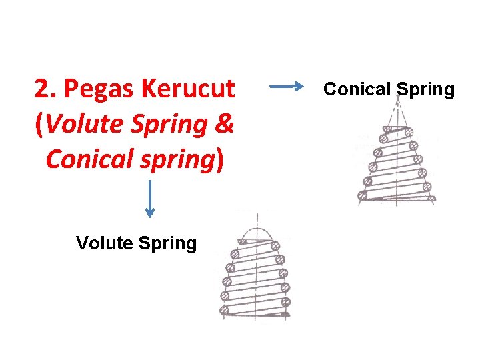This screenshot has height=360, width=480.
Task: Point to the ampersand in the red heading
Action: tap(225, 124)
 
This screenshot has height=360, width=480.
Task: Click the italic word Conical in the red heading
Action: tap(88, 159)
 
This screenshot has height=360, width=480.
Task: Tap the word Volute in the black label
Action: tap(105, 243)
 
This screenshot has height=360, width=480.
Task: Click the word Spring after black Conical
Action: tap(425, 89)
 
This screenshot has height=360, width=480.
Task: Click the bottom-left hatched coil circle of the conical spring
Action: tap(362, 195)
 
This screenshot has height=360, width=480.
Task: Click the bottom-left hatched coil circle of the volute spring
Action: tap(225, 310)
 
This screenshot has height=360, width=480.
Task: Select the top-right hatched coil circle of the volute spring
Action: tap(276, 246)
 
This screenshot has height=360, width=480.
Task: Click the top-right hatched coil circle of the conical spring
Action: tap(407, 131)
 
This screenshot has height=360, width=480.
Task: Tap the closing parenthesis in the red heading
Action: tap(220, 159)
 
